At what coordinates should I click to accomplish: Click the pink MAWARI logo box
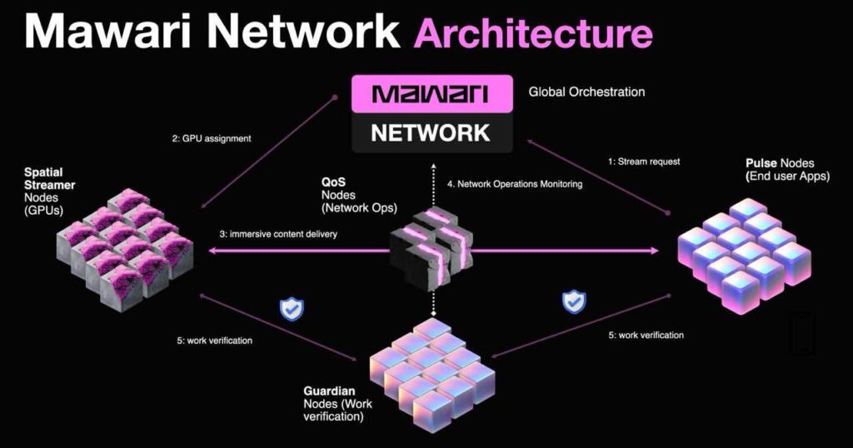432,94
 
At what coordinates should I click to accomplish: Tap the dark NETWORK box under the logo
432,132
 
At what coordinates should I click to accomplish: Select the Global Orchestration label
586,92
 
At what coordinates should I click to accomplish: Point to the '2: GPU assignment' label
212,138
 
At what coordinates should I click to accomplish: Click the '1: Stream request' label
644,162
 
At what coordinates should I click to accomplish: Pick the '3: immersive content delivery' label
278,234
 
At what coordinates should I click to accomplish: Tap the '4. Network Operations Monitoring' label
515,184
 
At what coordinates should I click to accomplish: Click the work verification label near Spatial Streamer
214,341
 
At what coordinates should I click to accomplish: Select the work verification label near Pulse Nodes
646,336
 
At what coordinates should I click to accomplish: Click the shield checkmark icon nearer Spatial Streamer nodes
292,310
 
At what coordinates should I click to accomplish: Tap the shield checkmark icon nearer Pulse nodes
574,301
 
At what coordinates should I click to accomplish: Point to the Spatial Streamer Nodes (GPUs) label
49,192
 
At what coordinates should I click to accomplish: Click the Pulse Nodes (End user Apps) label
787,170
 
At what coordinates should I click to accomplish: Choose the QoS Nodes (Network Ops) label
359,195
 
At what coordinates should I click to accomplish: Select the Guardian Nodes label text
338,404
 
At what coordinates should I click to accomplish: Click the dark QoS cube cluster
432,246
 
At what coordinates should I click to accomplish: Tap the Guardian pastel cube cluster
432,376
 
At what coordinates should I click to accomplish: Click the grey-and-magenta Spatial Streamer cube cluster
126,250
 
